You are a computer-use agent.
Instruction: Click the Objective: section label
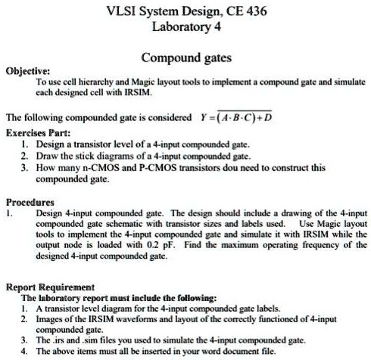[x=26, y=70]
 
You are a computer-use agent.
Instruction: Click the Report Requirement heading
[x=49, y=288]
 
